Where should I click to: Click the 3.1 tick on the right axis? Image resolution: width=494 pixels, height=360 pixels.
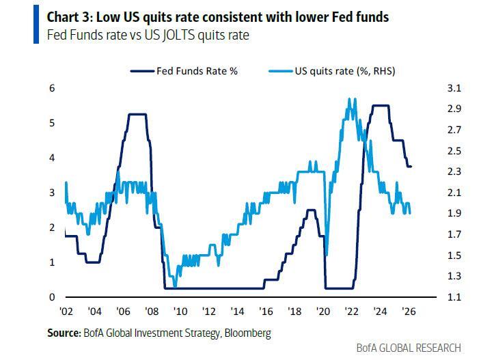[x=436, y=88]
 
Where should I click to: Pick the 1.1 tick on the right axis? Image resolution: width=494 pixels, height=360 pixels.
[x=436, y=297]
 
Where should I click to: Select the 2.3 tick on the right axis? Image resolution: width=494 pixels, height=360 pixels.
[x=436, y=171]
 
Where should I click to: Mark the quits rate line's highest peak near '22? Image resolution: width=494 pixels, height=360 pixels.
[x=350, y=98]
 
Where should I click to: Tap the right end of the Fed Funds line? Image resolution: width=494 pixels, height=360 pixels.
[x=411, y=166]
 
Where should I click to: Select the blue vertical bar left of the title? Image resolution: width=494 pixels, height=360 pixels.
[x=36, y=26]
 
